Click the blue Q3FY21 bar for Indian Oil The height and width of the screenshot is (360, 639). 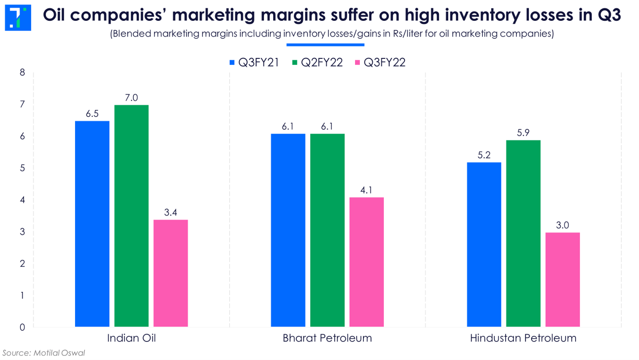(x=92, y=224)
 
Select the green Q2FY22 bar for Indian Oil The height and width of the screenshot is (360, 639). (x=132, y=216)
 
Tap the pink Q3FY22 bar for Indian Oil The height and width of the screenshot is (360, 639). (x=171, y=273)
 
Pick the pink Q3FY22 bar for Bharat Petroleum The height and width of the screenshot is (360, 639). (x=367, y=262)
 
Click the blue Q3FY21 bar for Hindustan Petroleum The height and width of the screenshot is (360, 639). (x=484, y=245)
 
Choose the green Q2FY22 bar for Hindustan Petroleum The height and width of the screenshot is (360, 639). (x=523, y=234)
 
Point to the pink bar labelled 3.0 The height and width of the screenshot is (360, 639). (x=563, y=280)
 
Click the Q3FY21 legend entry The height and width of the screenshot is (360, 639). (x=255, y=63)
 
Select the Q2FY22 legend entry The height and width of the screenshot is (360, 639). (x=318, y=63)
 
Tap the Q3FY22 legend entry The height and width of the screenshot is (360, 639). (x=380, y=63)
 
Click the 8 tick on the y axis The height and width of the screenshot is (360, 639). (x=22, y=73)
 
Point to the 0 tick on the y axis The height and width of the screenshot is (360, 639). (x=22, y=328)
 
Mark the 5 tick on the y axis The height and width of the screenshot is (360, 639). (x=22, y=168)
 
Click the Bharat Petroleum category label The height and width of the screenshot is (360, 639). (x=327, y=338)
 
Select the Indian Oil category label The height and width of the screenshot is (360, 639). (x=132, y=338)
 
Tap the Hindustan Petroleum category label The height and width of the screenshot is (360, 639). (x=523, y=338)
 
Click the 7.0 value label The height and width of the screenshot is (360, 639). (x=132, y=98)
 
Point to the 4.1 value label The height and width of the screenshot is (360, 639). (x=367, y=190)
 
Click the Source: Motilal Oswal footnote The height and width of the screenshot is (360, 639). (x=44, y=353)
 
